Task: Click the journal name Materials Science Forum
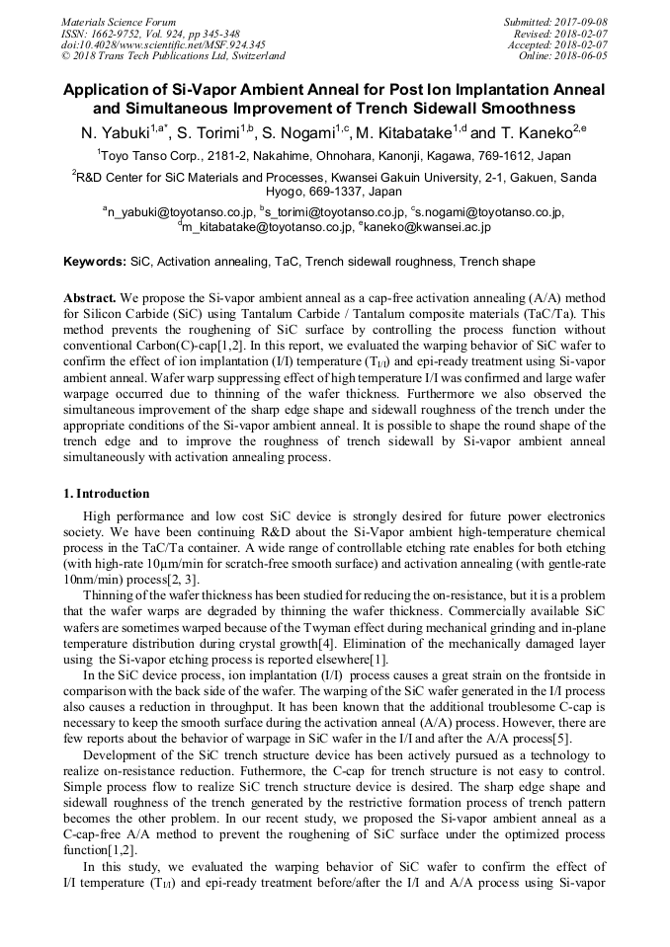119,21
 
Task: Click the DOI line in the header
162,44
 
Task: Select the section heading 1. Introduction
107,494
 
